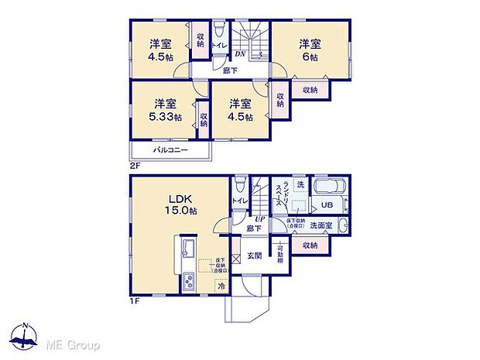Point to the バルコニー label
coord(170,149)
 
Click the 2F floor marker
coord(135,165)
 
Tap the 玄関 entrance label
coord(255,255)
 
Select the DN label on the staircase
coord(240,54)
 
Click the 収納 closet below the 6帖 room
coord(310,90)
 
